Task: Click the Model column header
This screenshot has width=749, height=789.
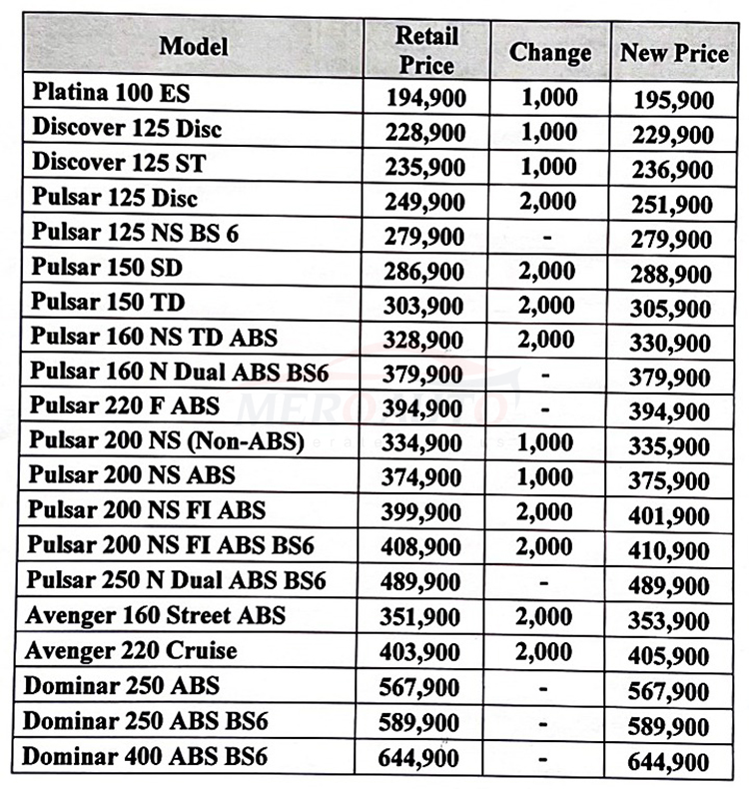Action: click(x=194, y=46)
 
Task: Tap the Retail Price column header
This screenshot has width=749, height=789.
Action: click(x=425, y=50)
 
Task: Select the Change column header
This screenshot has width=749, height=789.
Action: click(x=549, y=52)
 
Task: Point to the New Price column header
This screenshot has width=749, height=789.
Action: click(x=674, y=53)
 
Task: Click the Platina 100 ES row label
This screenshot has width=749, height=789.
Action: click(x=111, y=94)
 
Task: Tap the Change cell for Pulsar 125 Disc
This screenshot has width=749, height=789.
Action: click(x=548, y=200)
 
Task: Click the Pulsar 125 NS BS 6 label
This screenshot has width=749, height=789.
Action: click(x=135, y=235)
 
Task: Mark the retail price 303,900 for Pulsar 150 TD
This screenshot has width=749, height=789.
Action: click(x=425, y=305)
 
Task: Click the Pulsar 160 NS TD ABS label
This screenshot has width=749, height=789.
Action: click(x=154, y=337)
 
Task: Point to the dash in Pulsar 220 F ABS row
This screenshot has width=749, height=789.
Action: click(x=544, y=408)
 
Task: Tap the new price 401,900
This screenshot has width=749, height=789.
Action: click(x=670, y=517)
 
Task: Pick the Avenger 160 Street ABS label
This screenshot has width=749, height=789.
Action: click(x=155, y=615)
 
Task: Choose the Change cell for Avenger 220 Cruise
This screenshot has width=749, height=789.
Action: click(x=544, y=651)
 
